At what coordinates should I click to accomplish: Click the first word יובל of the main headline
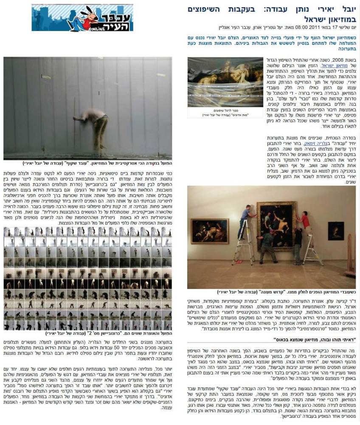(349, 9)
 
